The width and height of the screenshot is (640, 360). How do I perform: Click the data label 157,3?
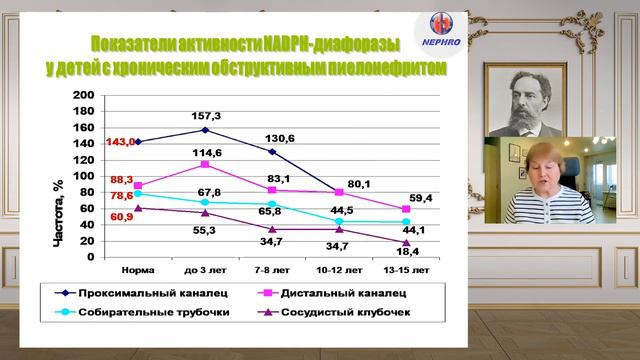[207, 116]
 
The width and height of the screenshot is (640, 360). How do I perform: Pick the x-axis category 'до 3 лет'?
[206, 270]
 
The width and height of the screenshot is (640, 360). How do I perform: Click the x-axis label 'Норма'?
[138, 270]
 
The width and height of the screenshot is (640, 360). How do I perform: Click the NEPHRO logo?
[413, 29]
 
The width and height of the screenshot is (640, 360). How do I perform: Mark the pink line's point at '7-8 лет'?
[271, 190]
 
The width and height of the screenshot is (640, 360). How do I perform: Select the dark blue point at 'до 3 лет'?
[205, 130]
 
